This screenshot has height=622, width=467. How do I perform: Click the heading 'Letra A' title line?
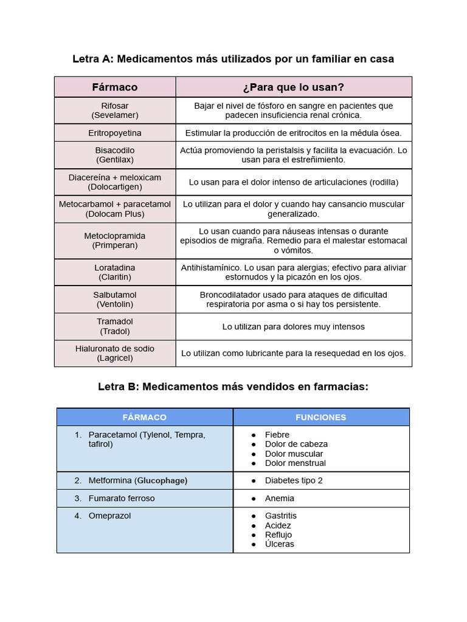click(233, 59)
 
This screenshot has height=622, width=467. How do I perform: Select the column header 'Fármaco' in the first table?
click(115, 87)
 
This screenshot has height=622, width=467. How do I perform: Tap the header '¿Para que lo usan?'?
click(293, 87)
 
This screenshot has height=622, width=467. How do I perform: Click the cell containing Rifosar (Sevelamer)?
click(115, 110)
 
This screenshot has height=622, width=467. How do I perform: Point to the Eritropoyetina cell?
click(115, 132)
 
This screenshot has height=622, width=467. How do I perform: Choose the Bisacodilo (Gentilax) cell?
click(115, 155)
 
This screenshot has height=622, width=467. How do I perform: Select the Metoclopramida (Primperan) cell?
click(115, 241)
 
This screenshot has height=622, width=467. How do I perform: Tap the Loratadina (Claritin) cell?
click(115, 272)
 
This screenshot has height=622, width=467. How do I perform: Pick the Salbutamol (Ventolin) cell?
click(115, 299)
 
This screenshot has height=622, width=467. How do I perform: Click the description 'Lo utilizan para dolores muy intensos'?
click(293, 327)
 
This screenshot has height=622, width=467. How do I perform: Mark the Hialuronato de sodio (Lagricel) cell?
click(115, 353)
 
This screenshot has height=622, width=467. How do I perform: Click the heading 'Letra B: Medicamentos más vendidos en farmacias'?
click(233, 386)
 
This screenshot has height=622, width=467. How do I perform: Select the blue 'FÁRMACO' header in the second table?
click(144, 417)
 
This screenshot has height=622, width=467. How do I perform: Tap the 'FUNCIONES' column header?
click(320, 417)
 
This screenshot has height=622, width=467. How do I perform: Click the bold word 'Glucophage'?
click(161, 480)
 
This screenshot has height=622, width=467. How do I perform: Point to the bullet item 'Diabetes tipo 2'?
click(294, 480)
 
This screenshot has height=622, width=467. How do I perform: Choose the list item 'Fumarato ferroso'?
click(122, 498)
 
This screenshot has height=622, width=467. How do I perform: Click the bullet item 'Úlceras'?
click(279, 544)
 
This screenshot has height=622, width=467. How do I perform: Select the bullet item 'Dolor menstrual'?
click(295, 463)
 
